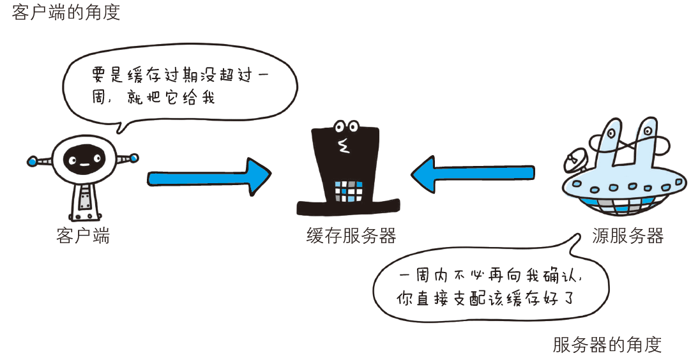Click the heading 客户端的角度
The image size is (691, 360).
pyautogui.click(x=66, y=12)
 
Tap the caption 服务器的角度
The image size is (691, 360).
pyautogui.click(x=607, y=345)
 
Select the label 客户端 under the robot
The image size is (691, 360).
pyautogui.click(x=83, y=236)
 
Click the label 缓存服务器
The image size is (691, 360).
pyautogui.click(x=351, y=236)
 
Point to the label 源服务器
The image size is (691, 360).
pyautogui.click(x=628, y=236)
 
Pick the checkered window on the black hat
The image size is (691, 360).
pyautogui.click(x=349, y=190)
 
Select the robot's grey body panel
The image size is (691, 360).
pyautogui.click(x=83, y=198)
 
